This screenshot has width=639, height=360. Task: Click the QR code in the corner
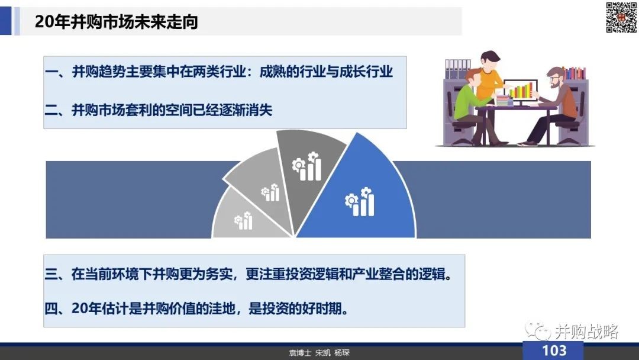click(x=621, y=17)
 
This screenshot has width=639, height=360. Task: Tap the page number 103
click(x=554, y=351)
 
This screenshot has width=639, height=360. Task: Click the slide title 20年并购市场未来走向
click(x=116, y=21)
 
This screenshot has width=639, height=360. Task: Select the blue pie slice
click(x=359, y=192)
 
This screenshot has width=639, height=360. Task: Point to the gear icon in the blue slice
click(x=351, y=201)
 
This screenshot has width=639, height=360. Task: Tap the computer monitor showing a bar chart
click(x=521, y=91)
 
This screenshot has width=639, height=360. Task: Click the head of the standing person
click(x=490, y=60)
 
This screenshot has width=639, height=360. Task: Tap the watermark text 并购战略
click(x=587, y=332)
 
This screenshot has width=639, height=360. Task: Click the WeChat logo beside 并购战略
click(x=538, y=330)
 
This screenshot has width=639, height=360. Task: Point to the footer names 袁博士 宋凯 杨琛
click(x=319, y=353)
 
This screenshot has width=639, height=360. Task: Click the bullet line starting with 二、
click(x=158, y=110)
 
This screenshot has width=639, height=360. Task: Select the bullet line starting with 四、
click(x=197, y=308)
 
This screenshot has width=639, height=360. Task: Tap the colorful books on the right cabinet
click(x=575, y=73)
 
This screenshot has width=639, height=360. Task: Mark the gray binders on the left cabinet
click(x=457, y=69)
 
